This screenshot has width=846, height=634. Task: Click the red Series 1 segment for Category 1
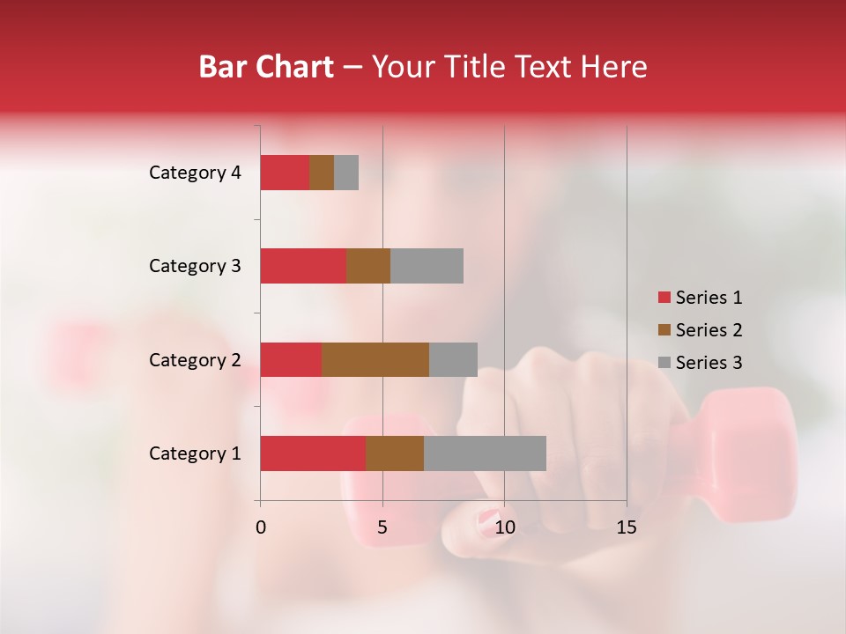pos(313,453)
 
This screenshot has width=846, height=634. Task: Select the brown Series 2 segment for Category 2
pos(375,359)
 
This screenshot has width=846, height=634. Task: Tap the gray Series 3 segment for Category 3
pos(427,266)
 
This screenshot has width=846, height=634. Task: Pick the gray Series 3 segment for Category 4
pos(346,173)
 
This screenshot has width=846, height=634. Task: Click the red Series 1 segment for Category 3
pos(303,266)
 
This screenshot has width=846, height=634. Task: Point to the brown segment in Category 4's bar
pos(322,173)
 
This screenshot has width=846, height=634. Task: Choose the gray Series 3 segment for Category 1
pos(485,453)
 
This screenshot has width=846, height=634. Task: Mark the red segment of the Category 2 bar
pos(291,359)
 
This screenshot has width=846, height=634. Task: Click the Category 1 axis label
pos(195,453)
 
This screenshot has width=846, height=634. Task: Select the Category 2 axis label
pos(195,360)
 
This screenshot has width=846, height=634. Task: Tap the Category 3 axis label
pos(195,266)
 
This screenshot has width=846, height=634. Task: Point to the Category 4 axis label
pos(195,173)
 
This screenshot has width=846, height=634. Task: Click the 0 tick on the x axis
pos(261,527)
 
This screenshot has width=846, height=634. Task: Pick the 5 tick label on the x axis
pos(382,527)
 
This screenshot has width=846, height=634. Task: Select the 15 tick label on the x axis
pos(626,527)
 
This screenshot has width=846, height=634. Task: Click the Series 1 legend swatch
pos(664,298)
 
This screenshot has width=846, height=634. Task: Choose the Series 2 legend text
pos(709,330)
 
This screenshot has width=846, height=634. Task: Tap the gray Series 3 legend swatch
pos(664,363)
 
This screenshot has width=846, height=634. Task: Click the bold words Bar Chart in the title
pos(266,67)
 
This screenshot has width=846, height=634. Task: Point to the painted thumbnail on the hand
pos(487,522)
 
